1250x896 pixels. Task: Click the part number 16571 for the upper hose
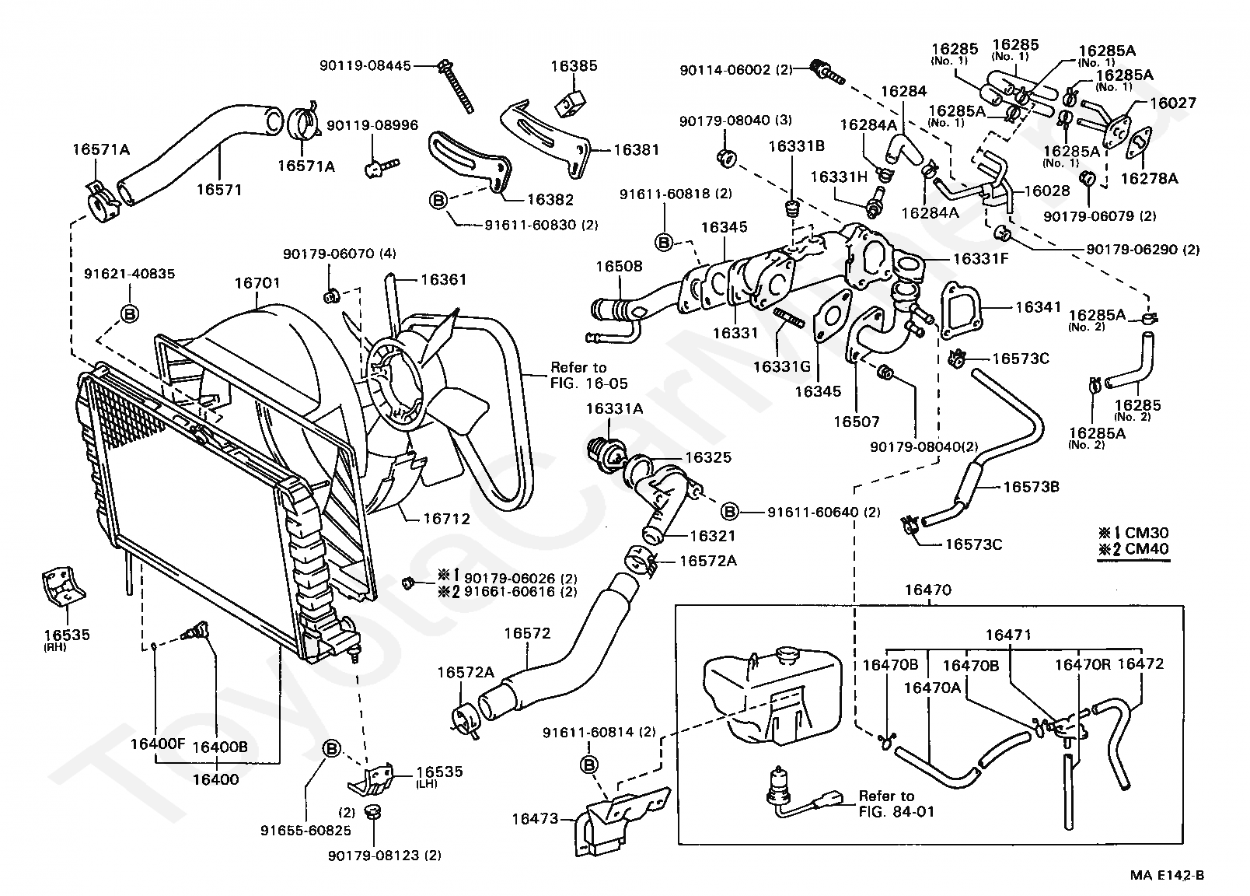(x=218, y=189)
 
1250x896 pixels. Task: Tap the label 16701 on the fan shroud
(x=257, y=283)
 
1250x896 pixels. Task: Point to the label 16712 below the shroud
(x=447, y=518)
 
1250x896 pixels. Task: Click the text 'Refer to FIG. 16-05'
(x=588, y=375)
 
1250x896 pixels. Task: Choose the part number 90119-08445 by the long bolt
(x=365, y=66)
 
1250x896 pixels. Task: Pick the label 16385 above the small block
(x=574, y=65)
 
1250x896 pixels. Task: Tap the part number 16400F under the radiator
(x=157, y=744)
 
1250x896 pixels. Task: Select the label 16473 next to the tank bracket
(x=535, y=818)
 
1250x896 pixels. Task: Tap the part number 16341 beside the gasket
(x=1038, y=307)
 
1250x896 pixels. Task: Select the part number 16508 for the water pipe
(x=620, y=266)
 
